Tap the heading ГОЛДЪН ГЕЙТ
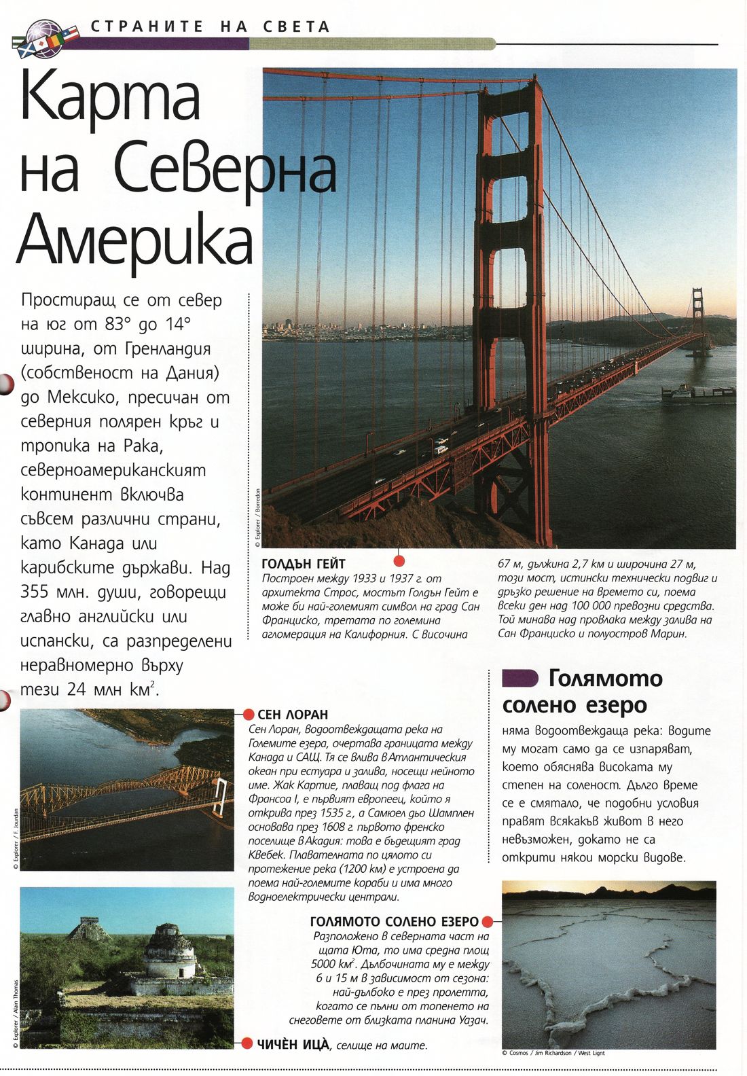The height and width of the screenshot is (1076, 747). [304, 564]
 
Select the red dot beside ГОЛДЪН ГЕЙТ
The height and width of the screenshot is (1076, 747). [399, 560]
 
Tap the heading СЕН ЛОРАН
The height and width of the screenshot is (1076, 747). [293, 715]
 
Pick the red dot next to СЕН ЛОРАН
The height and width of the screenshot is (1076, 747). [248, 715]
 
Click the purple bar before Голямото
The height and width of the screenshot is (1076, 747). [520, 678]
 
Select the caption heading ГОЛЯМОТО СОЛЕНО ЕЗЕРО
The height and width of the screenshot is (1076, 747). [394, 922]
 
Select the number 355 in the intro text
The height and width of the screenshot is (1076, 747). [34, 592]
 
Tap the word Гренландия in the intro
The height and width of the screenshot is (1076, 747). [168, 348]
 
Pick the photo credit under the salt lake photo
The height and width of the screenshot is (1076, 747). [553, 1053]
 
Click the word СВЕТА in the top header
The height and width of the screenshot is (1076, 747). [295, 27]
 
